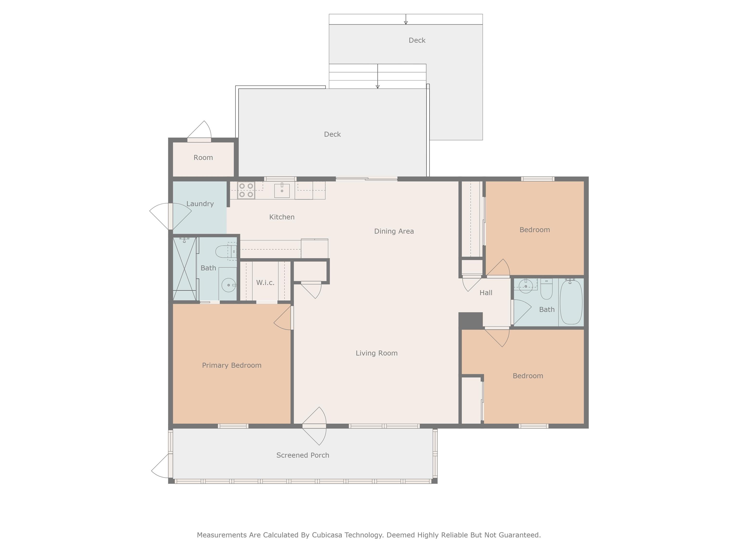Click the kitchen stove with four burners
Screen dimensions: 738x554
click(246, 190)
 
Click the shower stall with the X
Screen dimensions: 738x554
click(184, 269)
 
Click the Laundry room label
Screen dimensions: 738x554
click(200, 204)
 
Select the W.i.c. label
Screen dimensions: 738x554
click(265, 283)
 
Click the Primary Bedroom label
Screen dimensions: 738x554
click(232, 365)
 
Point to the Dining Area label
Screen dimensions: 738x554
click(394, 231)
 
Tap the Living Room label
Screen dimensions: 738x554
click(376, 353)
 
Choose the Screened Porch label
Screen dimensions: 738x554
click(303, 455)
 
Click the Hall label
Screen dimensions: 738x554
click(486, 293)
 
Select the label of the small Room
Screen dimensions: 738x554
click(203, 158)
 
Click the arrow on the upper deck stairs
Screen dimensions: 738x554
click(406, 19)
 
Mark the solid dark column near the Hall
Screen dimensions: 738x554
click(470, 321)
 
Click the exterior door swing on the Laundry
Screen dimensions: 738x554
click(170, 216)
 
